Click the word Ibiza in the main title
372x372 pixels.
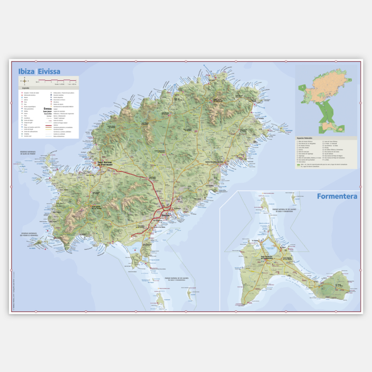[26, 71]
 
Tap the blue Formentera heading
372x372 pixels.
[337, 196]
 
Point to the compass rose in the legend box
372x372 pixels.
[24, 81]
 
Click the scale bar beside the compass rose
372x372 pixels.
[56, 81]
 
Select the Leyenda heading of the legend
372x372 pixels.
[26, 89]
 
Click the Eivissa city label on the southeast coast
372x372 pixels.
[166, 215]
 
